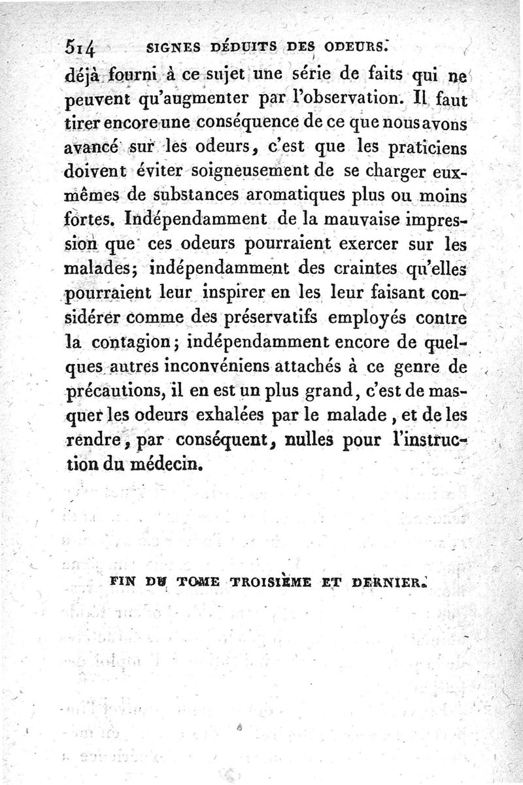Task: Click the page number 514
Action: point(82,48)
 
